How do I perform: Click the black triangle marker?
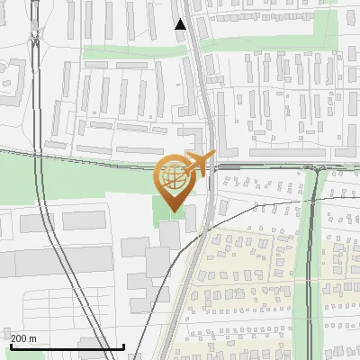coord(181,24)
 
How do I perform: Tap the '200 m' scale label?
coord(23,338)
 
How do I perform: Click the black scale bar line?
coord(67,346)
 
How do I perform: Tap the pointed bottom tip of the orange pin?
coord(173,211)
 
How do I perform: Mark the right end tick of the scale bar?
coord(123,345)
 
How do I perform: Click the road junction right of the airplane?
coord(319,166)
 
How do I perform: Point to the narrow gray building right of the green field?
coord(190,216)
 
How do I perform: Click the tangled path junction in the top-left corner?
coord(34,36)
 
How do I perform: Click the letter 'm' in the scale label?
coord(33,338)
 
